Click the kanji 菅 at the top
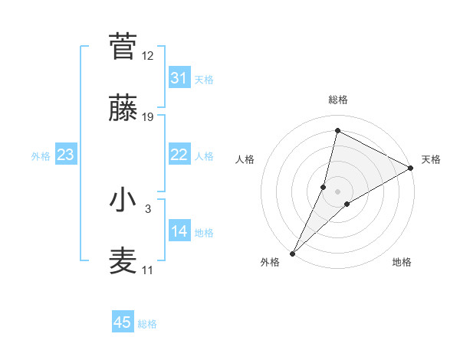(x=123, y=47)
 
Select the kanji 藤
(x=123, y=109)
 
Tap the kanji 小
(x=123, y=200)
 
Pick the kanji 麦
(x=123, y=261)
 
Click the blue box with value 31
(x=179, y=78)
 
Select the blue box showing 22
(x=179, y=155)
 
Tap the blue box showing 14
(x=179, y=231)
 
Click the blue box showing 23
(x=66, y=155)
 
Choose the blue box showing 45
(x=123, y=322)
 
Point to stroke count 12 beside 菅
(x=148, y=56)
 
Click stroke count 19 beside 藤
(x=148, y=117)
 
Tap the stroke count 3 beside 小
(x=148, y=208)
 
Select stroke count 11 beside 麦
(x=148, y=270)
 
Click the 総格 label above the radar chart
(x=338, y=100)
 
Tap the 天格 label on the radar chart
(x=431, y=159)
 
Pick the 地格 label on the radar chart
(x=402, y=262)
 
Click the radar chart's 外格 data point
(x=292, y=254)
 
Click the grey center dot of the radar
(x=338, y=191)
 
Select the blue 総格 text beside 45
(x=148, y=324)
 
